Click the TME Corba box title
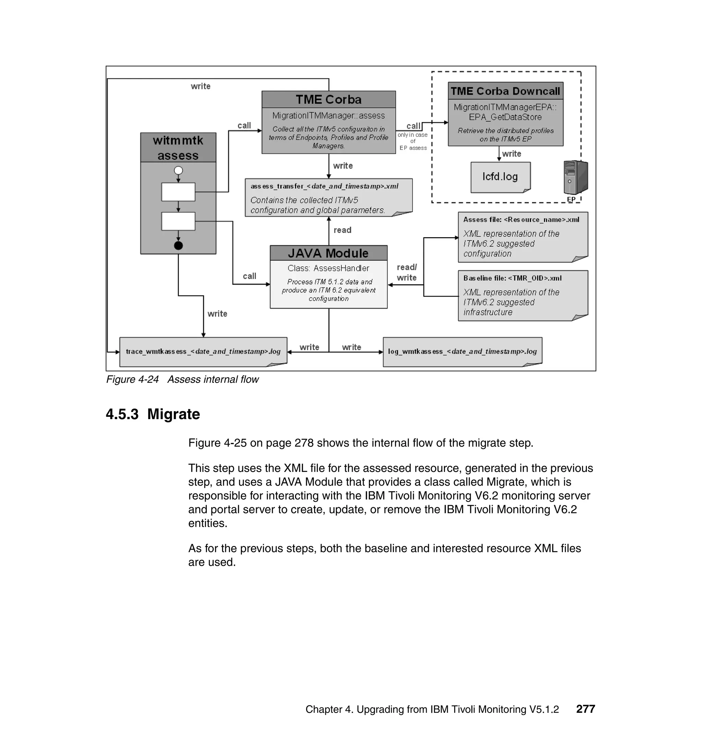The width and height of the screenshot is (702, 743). (328, 99)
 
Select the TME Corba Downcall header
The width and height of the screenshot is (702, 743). (505, 91)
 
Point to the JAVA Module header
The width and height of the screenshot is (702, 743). (328, 253)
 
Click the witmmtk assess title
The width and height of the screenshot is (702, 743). (178, 148)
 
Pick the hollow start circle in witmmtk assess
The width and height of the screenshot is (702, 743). (179, 171)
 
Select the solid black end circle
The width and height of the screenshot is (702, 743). (179, 245)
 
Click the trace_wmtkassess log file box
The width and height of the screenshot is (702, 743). (203, 352)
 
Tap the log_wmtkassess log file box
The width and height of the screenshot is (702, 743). (462, 352)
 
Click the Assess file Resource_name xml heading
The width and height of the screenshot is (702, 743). (521, 220)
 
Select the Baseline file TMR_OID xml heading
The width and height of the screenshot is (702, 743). (512, 278)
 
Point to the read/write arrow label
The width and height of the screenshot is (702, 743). (407, 272)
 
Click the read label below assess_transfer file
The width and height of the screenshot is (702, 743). (342, 230)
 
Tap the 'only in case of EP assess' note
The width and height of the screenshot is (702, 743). (413, 142)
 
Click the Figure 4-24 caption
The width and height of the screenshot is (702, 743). (182, 379)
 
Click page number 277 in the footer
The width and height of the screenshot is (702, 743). (585, 709)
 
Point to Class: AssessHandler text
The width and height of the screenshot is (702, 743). (328, 268)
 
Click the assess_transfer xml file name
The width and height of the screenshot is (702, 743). (324, 186)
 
